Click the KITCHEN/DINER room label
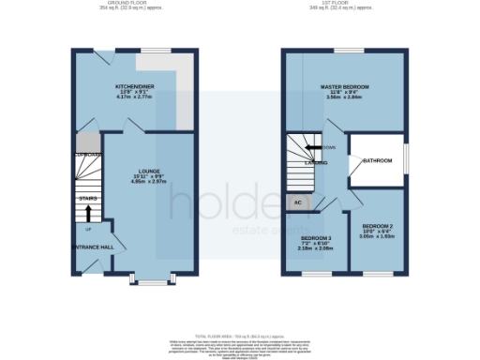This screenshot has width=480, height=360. (135, 85)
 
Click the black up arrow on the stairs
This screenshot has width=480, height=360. (89, 214)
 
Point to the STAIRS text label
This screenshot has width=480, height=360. (88, 199)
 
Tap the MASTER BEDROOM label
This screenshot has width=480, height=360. (344, 86)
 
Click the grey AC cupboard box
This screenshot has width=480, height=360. (297, 201)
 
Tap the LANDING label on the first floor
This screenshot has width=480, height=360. (315, 163)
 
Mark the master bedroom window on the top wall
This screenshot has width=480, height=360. (349, 51)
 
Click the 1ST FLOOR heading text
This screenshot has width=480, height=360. (345, 3)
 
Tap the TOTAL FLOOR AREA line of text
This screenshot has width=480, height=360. (240, 335)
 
